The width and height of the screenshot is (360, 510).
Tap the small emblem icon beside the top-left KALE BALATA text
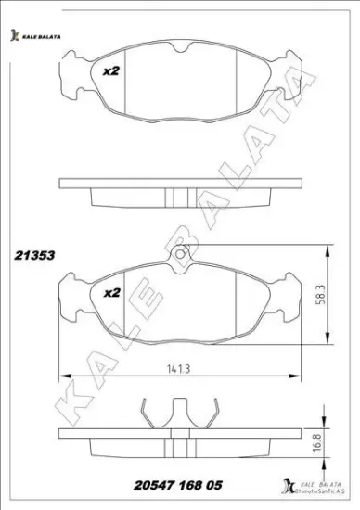14,36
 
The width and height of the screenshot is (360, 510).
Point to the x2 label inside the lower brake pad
111,292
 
